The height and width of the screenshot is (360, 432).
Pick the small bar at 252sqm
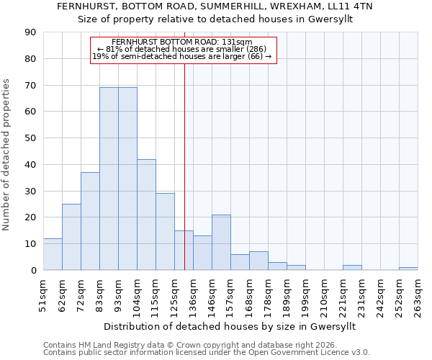pos(408,269)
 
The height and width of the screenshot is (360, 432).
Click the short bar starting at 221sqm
pos(352,267)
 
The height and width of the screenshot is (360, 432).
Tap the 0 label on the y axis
pos(33,270)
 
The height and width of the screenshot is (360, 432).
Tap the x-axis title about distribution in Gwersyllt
pos(230,326)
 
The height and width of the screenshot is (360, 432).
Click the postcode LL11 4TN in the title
pos(357,6)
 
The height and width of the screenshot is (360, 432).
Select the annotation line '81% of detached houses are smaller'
pos(182,49)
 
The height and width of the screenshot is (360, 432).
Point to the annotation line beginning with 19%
pos(182,56)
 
